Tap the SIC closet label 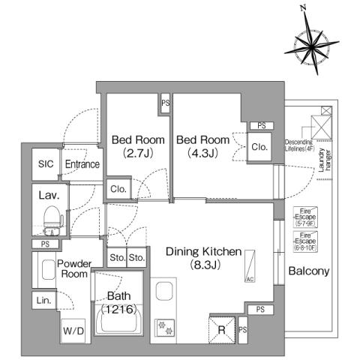[x=45, y=164]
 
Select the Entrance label [x=81, y=164]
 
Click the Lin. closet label [x=43, y=301]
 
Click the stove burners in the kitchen [x=163, y=327]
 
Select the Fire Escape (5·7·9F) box [x=304, y=217]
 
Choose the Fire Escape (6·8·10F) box [x=304, y=239]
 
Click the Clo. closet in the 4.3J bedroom [x=259, y=147]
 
